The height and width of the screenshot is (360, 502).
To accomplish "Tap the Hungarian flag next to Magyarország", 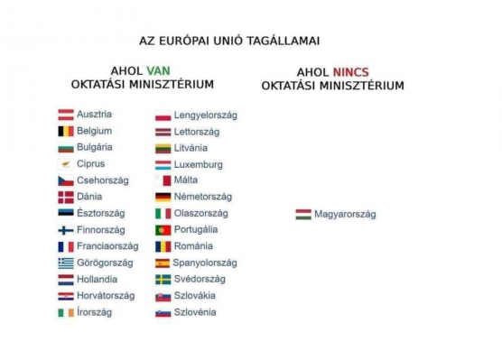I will click(x=303, y=215).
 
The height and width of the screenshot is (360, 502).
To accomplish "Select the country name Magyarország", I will click(x=345, y=215).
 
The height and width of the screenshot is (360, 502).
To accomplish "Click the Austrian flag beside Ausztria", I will click(x=66, y=115).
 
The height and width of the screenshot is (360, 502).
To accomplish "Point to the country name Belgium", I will click(x=95, y=131).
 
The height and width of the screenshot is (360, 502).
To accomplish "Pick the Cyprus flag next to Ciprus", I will click(x=66, y=164).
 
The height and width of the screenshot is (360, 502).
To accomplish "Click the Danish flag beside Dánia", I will click(x=66, y=197).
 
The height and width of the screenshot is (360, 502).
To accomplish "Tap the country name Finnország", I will click(x=101, y=230).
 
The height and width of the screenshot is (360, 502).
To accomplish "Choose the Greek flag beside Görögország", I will click(x=66, y=263).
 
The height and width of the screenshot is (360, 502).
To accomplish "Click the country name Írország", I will click(x=95, y=312).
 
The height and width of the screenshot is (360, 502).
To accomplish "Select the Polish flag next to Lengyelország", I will click(x=163, y=115).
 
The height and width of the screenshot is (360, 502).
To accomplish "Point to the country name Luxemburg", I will click(x=198, y=164).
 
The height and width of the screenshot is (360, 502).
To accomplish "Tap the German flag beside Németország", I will click(x=163, y=197).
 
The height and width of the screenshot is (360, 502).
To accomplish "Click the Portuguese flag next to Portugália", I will click(x=163, y=230).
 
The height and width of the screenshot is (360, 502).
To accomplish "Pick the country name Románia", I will click(x=193, y=246).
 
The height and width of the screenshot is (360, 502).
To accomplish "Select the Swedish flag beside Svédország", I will click(x=163, y=279).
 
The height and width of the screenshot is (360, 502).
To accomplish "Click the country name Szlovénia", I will click(x=195, y=312).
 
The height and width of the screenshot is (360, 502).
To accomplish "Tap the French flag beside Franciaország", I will click(x=66, y=246).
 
